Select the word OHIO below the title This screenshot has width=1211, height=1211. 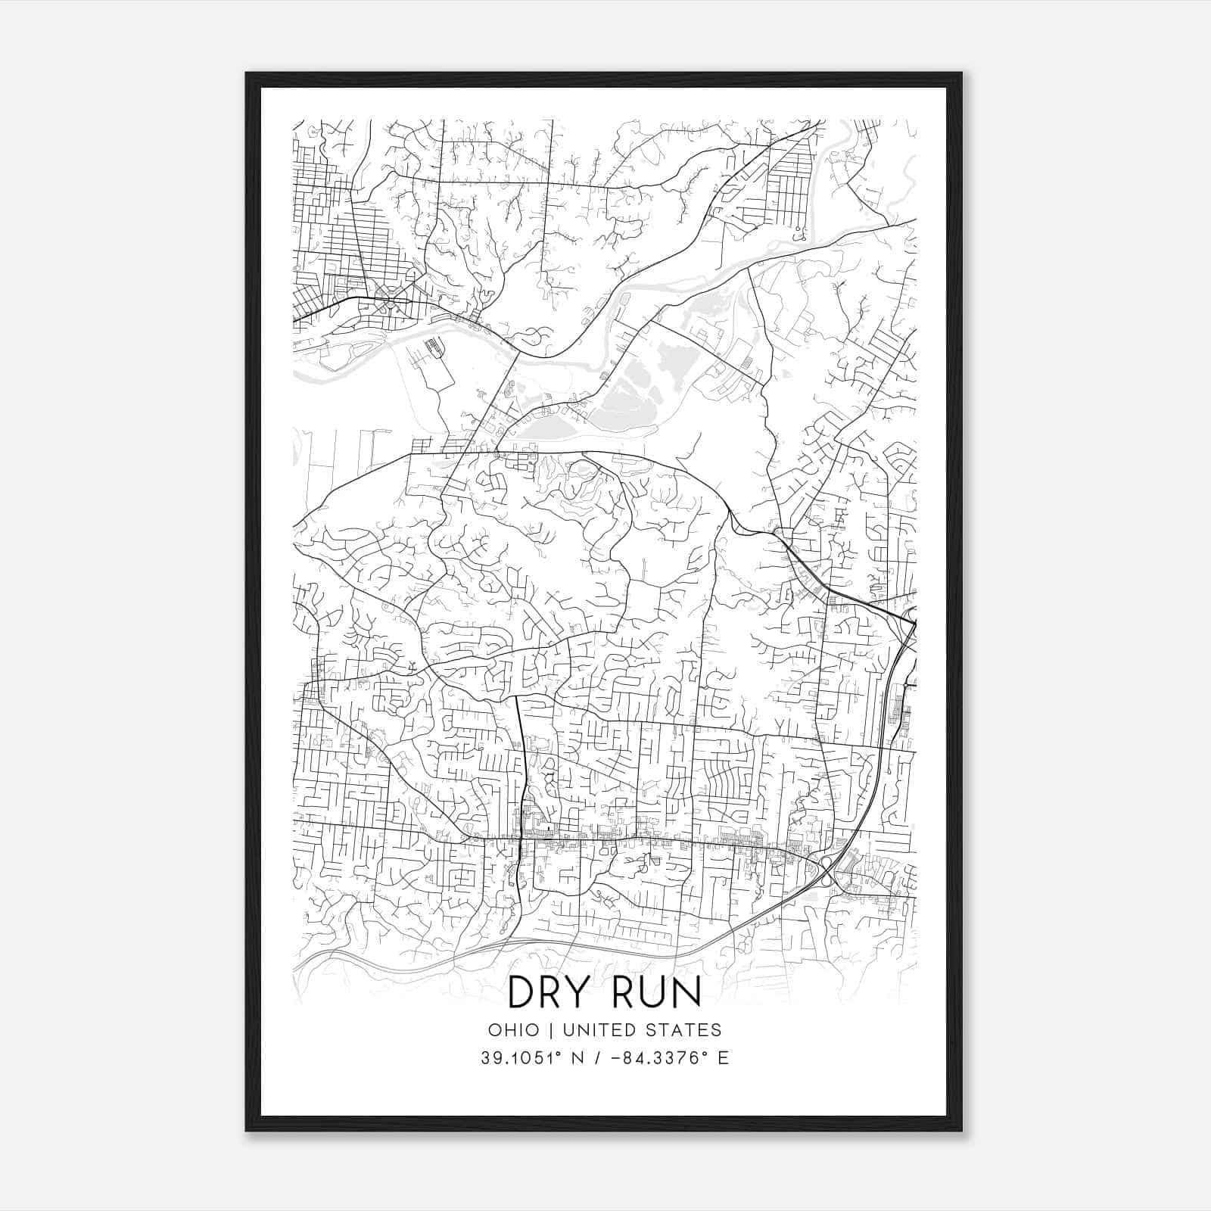pos(514,1030)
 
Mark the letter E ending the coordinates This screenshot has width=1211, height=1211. pos(724,1058)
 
